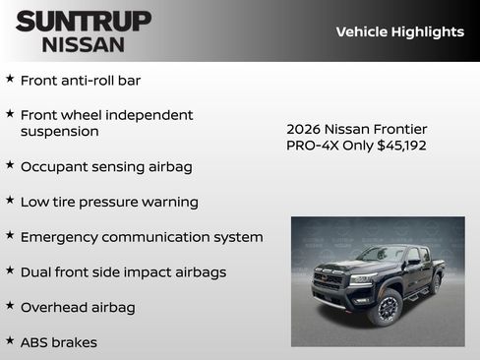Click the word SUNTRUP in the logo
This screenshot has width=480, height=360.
pyautogui.click(x=84, y=21)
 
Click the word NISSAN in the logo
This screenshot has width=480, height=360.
pyautogui.click(x=84, y=43)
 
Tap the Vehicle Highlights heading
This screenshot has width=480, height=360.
pyautogui.click(x=399, y=31)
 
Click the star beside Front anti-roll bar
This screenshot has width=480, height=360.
pyautogui.click(x=10, y=79)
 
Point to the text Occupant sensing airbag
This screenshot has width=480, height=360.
pyautogui.click(x=106, y=166)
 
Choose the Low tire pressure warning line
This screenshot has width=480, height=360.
pyautogui.click(x=109, y=202)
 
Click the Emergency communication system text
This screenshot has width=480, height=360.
pyautogui.click(x=142, y=237)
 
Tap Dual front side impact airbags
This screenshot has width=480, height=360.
pyautogui.click(x=123, y=271)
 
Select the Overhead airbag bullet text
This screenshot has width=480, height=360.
pyautogui.click(x=78, y=307)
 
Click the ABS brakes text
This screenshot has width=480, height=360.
pyautogui.click(x=59, y=342)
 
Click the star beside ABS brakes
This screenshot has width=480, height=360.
pyautogui.click(x=10, y=341)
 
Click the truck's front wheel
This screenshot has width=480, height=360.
pyautogui.click(x=385, y=306)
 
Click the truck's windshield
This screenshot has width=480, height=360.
pyautogui.click(x=382, y=255)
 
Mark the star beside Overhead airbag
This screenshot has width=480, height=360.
pyautogui.click(x=10, y=306)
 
